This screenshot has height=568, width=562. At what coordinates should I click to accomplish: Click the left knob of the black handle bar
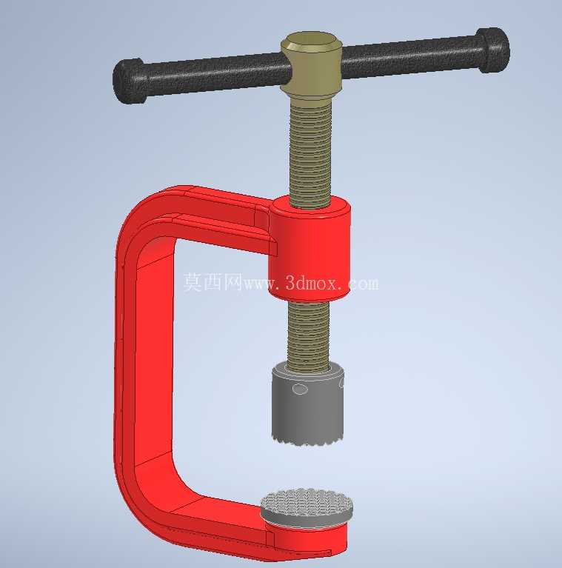(130, 81)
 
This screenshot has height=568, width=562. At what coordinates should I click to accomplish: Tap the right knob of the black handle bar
(493, 50)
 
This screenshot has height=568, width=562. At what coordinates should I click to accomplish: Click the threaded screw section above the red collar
(311, 152)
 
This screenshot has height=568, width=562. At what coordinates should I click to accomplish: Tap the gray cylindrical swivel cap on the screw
(307, 403)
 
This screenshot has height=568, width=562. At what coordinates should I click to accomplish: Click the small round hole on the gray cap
(300, 390)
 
